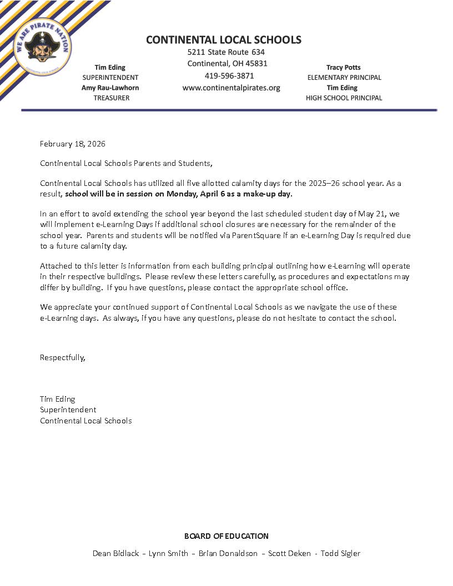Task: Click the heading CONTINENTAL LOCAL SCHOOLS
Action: point(224,40)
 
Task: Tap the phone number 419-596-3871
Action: point(229,76)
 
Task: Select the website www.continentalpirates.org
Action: point(231,88)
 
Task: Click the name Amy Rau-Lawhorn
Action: point(110,88)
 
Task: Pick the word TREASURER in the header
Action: point(112,98)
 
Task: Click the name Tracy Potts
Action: point(343,68)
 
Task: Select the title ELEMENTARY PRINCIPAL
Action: point(344,78)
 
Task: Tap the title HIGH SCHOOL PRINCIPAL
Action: point(344,98)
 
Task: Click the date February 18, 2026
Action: point(73,144)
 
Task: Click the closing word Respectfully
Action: point(63,357)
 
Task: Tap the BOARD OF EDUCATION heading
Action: point(226,536)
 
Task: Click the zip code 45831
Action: point(255,64)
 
